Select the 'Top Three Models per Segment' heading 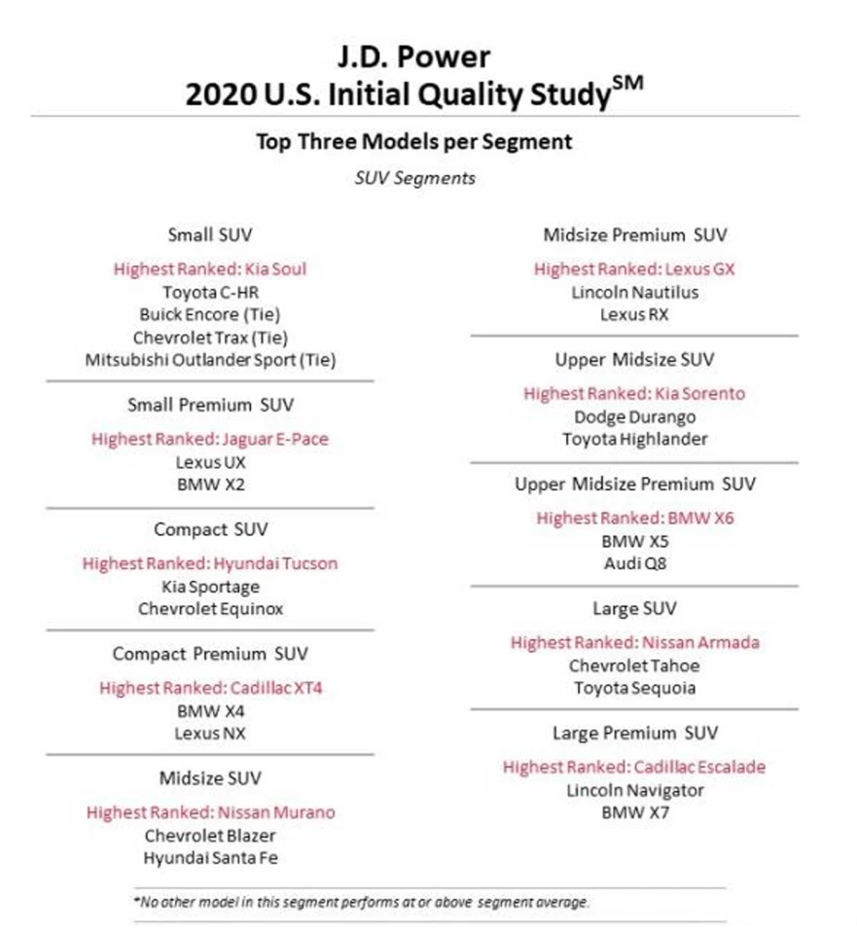414,142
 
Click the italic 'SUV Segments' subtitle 414,179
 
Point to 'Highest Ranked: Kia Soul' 209,269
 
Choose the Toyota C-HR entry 210,291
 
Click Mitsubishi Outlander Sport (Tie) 210,360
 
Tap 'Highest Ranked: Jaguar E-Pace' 210,439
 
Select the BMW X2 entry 210,485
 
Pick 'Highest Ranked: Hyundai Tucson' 210,563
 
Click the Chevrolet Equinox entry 210,609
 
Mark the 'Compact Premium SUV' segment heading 210,654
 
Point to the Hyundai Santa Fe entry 210,858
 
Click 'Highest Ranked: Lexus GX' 634,269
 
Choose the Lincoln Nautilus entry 634,292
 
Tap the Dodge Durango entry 634,416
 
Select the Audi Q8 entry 634,563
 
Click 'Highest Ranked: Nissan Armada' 634,643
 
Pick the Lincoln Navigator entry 634,790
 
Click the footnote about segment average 362,903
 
